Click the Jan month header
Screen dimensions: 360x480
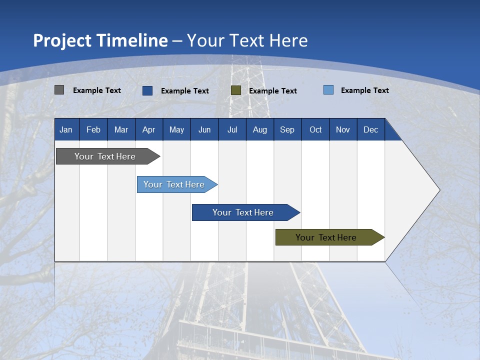coord(66,129)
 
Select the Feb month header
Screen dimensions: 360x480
coord(93,129)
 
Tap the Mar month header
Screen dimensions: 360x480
coord(121,129)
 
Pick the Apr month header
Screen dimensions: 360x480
coord(149,129)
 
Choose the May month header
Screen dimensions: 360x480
coord(176,129)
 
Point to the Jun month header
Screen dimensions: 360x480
coord(204,129)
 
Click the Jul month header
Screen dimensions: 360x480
coord(232,129)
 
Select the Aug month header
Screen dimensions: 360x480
coord(260,129)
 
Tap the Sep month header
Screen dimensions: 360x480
coord(287,129)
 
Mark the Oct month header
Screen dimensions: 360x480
coord(315,129)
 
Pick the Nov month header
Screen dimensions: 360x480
coord(343,129)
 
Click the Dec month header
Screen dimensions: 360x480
coord(371,129)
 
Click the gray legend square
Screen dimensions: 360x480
coord(59,90)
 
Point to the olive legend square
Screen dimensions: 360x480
coord(236,90)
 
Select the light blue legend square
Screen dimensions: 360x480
coord(328,90)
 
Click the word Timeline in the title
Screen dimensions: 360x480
coord(132,40)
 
